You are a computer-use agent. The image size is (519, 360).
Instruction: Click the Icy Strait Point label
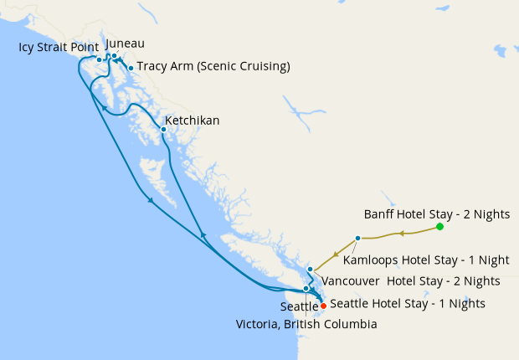[58, 47]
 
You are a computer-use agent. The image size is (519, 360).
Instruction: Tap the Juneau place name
[126, 43]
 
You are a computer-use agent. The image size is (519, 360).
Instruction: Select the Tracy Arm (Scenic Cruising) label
[213, 66]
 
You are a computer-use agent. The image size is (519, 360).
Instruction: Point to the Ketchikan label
[193, 121]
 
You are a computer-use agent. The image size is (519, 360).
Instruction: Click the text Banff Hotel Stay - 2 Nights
[436, 213]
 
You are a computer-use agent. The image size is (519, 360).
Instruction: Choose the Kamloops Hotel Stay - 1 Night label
[427, 260]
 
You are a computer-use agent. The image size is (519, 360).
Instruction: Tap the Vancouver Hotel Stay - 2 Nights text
[411, 280]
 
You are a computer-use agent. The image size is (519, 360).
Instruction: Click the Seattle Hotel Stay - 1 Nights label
[408, 303]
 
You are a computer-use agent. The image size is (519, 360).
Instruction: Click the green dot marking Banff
[439, 227]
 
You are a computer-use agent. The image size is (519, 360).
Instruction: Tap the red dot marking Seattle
[323, 305]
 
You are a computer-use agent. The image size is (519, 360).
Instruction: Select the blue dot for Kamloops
[357, 239]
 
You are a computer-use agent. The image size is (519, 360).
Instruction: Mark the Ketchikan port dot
[163, 130]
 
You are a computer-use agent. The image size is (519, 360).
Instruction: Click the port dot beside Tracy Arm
[131, 68]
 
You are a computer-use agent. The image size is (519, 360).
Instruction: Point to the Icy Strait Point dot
[99, 59]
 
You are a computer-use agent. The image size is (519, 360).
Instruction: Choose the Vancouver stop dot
[310, 269]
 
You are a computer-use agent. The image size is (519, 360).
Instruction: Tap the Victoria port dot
[306, 288]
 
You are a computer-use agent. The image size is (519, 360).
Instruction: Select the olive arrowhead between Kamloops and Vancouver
[335, 255]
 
